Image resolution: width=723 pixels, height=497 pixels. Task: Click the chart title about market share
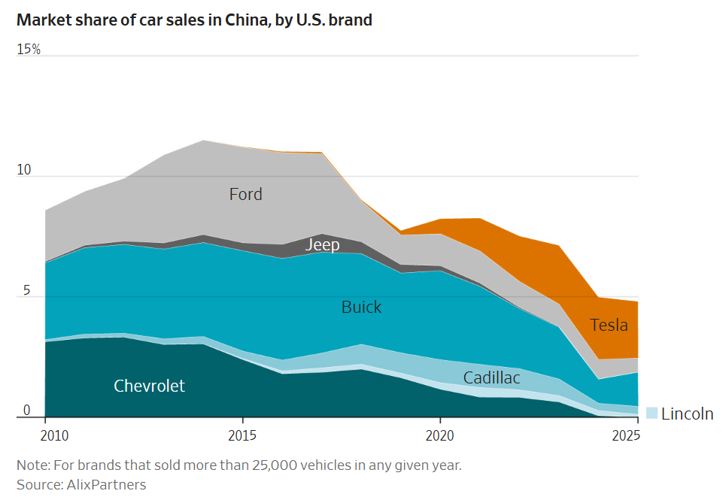click(x=194, y=20)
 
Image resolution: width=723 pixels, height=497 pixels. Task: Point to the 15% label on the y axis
click(x=29, y=50)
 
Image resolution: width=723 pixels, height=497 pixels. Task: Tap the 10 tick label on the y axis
click(x=24, y=170)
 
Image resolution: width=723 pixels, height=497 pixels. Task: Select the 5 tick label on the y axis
click(x=27, y=290)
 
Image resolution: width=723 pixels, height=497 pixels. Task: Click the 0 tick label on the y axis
click(x=27, y=410)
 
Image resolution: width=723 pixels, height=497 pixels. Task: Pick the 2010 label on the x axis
click(x=54, y=435)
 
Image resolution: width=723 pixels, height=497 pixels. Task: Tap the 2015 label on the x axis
click(x=242, y=435)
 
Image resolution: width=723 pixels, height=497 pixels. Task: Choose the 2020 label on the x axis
click(x=440, y=435)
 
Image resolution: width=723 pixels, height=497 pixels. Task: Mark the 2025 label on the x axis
click(x=626, y=435)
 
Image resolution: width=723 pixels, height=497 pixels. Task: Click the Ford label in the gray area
click(x=246, y=194)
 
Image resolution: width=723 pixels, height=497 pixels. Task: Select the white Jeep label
click(x=322, y=244)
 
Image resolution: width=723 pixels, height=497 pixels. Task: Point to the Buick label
click(x=361, y=307)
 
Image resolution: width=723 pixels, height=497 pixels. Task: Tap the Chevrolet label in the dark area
click(x=149, y=386)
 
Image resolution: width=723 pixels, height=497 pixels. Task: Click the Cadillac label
click(x=491, y=377)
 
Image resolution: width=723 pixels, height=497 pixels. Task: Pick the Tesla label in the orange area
click(x=609, y=325)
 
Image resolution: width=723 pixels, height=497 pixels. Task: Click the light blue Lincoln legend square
click(x=652, y=413)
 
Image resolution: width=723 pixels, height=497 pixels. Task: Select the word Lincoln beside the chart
click(x=687, y=414)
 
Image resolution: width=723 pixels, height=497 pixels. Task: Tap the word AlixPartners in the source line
click(x=107, y=484)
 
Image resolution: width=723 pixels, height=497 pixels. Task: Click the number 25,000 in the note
click(x=273, y=465)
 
